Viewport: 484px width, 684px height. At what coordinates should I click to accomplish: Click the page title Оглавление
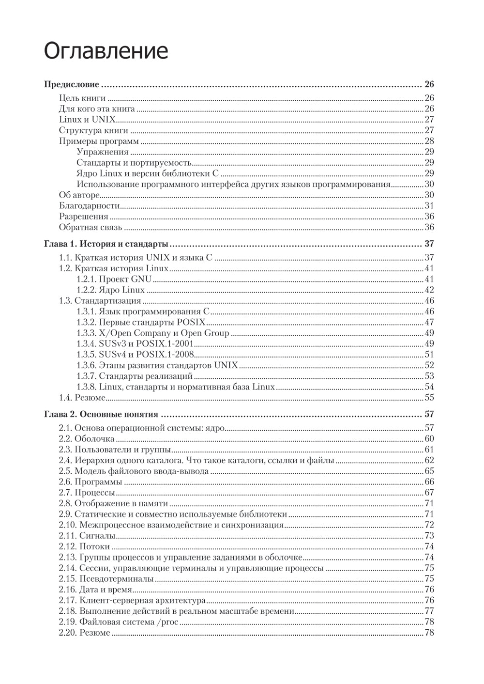click(x=106, y=51)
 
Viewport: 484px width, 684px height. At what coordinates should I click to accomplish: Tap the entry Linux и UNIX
click(x=87, y=120)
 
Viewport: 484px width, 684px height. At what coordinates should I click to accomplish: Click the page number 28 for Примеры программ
click(x=429, y=141)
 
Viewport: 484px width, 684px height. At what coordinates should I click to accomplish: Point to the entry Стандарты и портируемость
click(x=134, y=163)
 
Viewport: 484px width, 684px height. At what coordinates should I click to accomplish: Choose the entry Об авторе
click(x=79, y=195)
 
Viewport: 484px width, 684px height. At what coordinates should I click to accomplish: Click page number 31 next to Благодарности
click(x=429, y=206)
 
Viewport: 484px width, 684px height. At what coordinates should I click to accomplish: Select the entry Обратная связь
click(x=91, y=228)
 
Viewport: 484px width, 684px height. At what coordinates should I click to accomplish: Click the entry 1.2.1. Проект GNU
click(x=114, y=279)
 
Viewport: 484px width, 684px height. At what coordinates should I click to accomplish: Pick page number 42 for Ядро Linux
click(x=429, y=290)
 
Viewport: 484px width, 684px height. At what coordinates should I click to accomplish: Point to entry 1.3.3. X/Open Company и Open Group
click(x=152, y=333)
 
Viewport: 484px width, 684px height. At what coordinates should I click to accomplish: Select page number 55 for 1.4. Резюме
click(x=429, y=398)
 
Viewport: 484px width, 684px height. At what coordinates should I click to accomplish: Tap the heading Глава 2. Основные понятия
click(x=101, y=414)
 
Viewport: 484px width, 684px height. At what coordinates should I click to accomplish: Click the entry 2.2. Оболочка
click(x=87, y=439)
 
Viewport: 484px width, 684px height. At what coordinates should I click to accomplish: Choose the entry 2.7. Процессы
click(x=87, y=493)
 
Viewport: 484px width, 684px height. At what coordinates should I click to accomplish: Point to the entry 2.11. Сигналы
click(x=87, y=536)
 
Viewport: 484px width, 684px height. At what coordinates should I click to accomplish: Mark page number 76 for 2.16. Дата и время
click(x=429, y=590)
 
